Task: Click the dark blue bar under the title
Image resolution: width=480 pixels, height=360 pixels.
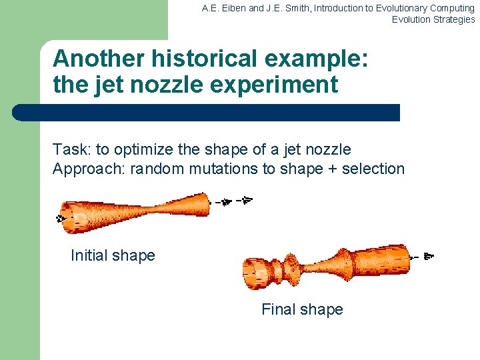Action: (207, 113)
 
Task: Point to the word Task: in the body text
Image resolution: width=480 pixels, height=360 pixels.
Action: (72, 150)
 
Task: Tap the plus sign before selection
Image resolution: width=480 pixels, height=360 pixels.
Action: (333, 169)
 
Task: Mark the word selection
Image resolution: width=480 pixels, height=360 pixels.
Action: (373, 169)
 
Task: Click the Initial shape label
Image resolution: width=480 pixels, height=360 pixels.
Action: (113, 255)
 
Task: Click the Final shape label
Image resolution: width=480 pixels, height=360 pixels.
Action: (302, 309)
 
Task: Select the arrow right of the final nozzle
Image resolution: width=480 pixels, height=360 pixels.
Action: (429, 255)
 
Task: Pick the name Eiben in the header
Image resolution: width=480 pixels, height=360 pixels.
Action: (226, 8)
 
